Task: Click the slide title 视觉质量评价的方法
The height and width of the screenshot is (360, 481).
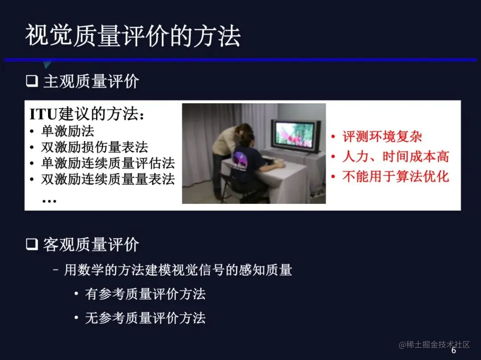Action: (x=133, y=36)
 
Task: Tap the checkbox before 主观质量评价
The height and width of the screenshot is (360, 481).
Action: (x=32, y=81)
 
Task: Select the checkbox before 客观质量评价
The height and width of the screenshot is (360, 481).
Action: (x=32, y=244)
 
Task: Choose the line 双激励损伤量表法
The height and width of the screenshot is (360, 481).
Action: (x=94, y=147)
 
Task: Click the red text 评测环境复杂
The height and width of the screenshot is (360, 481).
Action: (x=382, y=137)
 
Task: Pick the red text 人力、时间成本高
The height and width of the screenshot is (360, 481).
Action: (x=395, y=157)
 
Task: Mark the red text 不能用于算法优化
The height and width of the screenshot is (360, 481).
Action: (x=395, y=177)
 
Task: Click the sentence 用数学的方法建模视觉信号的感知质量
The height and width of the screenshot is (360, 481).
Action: (x=178, y=270)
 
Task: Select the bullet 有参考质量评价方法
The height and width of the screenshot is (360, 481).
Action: (x=145, y=294)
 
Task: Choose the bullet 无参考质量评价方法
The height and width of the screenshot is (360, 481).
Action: (x=145, y=318)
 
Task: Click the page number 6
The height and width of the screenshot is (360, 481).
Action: (x=454, y=350)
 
